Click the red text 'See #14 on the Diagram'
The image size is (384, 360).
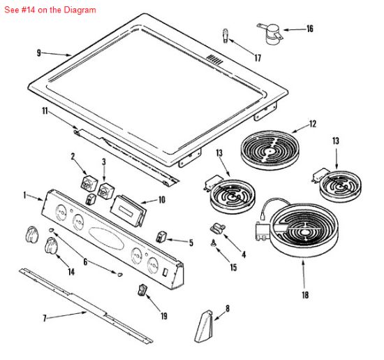(50, 10)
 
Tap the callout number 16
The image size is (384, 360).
(310, 29)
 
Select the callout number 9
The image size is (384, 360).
(39, 53)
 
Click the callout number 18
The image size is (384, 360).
(305, 295)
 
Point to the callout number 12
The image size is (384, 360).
(313, 124)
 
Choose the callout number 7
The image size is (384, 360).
(44, 318)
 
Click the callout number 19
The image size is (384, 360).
(164, 316)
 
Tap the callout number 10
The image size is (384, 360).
(162, 200)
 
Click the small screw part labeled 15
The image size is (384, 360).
(214, 243)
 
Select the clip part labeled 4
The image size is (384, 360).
(217, 229)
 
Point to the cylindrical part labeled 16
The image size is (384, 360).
(271, 34)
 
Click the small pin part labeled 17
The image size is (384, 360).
(226, 36)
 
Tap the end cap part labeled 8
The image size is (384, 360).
(204, 326)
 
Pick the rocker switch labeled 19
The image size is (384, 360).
(142, 290)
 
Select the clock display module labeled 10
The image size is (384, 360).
(128, 210)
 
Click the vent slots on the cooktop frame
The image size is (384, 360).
(214, 59)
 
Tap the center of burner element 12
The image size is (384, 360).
(270, 151)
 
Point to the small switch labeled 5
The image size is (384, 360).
(161, 237)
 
